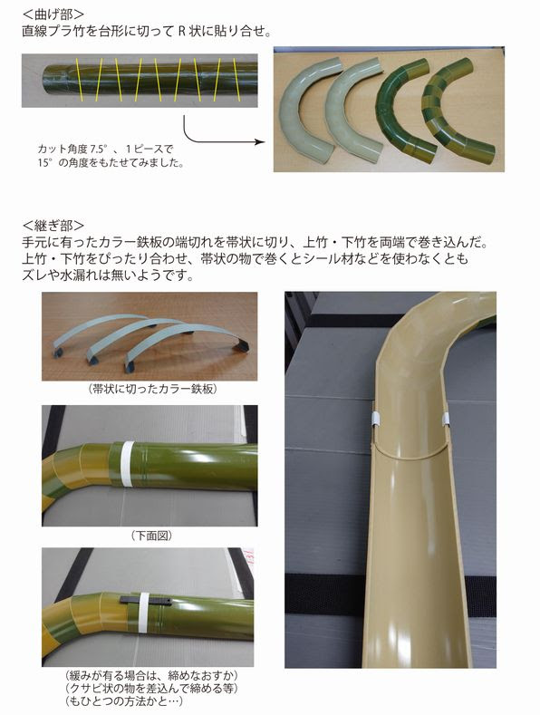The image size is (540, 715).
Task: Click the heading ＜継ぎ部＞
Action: (x=53, y=224)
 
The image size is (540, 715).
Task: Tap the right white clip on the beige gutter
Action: (x=446, y=418)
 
